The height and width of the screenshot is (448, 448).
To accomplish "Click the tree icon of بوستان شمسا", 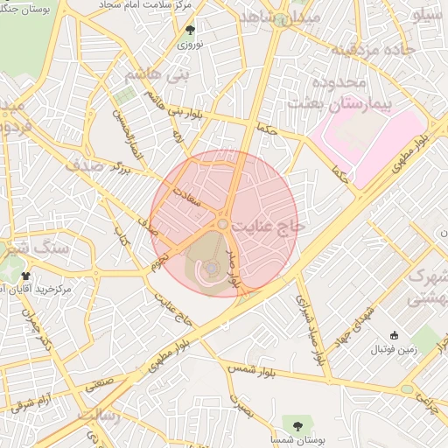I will [x=298, y=425].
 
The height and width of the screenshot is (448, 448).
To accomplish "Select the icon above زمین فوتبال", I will [x=394, y=335].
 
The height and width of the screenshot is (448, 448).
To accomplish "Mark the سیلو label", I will [x=430, y=16].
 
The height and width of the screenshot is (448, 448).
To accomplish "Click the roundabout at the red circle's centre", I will [x=223, y=225].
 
